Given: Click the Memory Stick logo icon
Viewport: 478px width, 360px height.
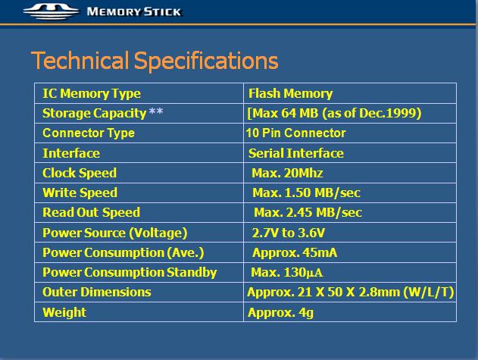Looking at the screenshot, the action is pyautogui.click(x=51, y=11).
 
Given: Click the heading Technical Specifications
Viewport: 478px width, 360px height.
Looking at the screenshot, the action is pyautogui.click(x=155, y=61).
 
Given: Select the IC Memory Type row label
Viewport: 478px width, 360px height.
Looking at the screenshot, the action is pyautogui.click(x=92, y=94).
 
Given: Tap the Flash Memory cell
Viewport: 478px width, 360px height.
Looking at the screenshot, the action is pyautogui.click(x=290, y=94).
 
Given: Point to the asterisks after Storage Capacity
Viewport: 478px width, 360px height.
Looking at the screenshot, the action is pyautogui.click(x=156, y=111).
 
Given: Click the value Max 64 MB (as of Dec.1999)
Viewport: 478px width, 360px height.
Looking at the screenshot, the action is pyautogui.click(x=334, y=113).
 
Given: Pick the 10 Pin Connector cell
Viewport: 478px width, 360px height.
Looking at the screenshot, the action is pyautogui.click(x=295, y=133).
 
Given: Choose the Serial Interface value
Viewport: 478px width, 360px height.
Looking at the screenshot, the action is pyautogui.click(x=296, y=153).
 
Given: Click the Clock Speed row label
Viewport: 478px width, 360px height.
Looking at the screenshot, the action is pyautogui.click(x=80, y=173).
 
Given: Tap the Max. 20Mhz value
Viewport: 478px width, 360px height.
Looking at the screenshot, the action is pyautogui.click(x=287, y=173).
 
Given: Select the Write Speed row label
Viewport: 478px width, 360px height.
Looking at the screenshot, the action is pyautogui.click(x=80, y=193).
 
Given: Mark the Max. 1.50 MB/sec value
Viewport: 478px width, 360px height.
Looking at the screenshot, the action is pyautogui.click(x=306, y=193).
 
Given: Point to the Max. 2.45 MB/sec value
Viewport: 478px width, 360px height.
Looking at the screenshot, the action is pyautogui.click(x=308, y=212).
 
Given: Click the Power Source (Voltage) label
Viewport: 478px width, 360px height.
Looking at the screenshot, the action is pyautogui.click(x=115, y=233).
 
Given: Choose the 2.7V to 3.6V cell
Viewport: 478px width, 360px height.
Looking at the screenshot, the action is pyautogui.click(x=289, y=233).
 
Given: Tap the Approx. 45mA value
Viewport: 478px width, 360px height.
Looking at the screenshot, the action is pyautogui.click(x=295, y=253).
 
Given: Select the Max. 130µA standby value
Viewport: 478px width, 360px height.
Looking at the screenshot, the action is pyautogui.click(x=286, y=272).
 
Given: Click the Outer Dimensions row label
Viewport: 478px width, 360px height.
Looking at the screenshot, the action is pyautogui.click(x=97, y=292).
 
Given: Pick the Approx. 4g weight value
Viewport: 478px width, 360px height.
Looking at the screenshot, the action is pyautogui.click(x=280, y=312).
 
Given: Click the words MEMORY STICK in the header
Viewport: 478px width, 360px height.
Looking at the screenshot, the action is pyautogui.click(x=134, y=12).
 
